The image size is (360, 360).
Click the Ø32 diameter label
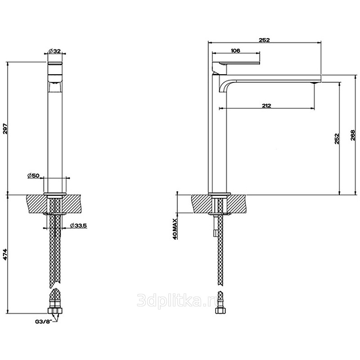pos(54,51)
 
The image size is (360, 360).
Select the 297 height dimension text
pos(5,129)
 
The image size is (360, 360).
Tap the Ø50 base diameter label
pos(33,175)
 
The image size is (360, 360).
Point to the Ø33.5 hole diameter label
pos(78,225)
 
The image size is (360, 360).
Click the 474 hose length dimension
pos(5,255)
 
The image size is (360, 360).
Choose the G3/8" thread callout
pos(45,322)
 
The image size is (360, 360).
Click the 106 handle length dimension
pos(235,50)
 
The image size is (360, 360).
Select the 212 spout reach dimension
pos(266,105)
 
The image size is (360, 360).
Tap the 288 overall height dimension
pos(353,135)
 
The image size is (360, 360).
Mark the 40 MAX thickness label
pos(175,229)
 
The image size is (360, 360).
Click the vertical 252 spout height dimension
pos(337,139)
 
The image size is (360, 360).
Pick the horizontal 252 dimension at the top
pos(264,40)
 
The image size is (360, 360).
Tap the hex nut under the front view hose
pos(55,311)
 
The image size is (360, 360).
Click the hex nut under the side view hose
pos(220,310)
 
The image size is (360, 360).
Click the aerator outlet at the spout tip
pos(315,83)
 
